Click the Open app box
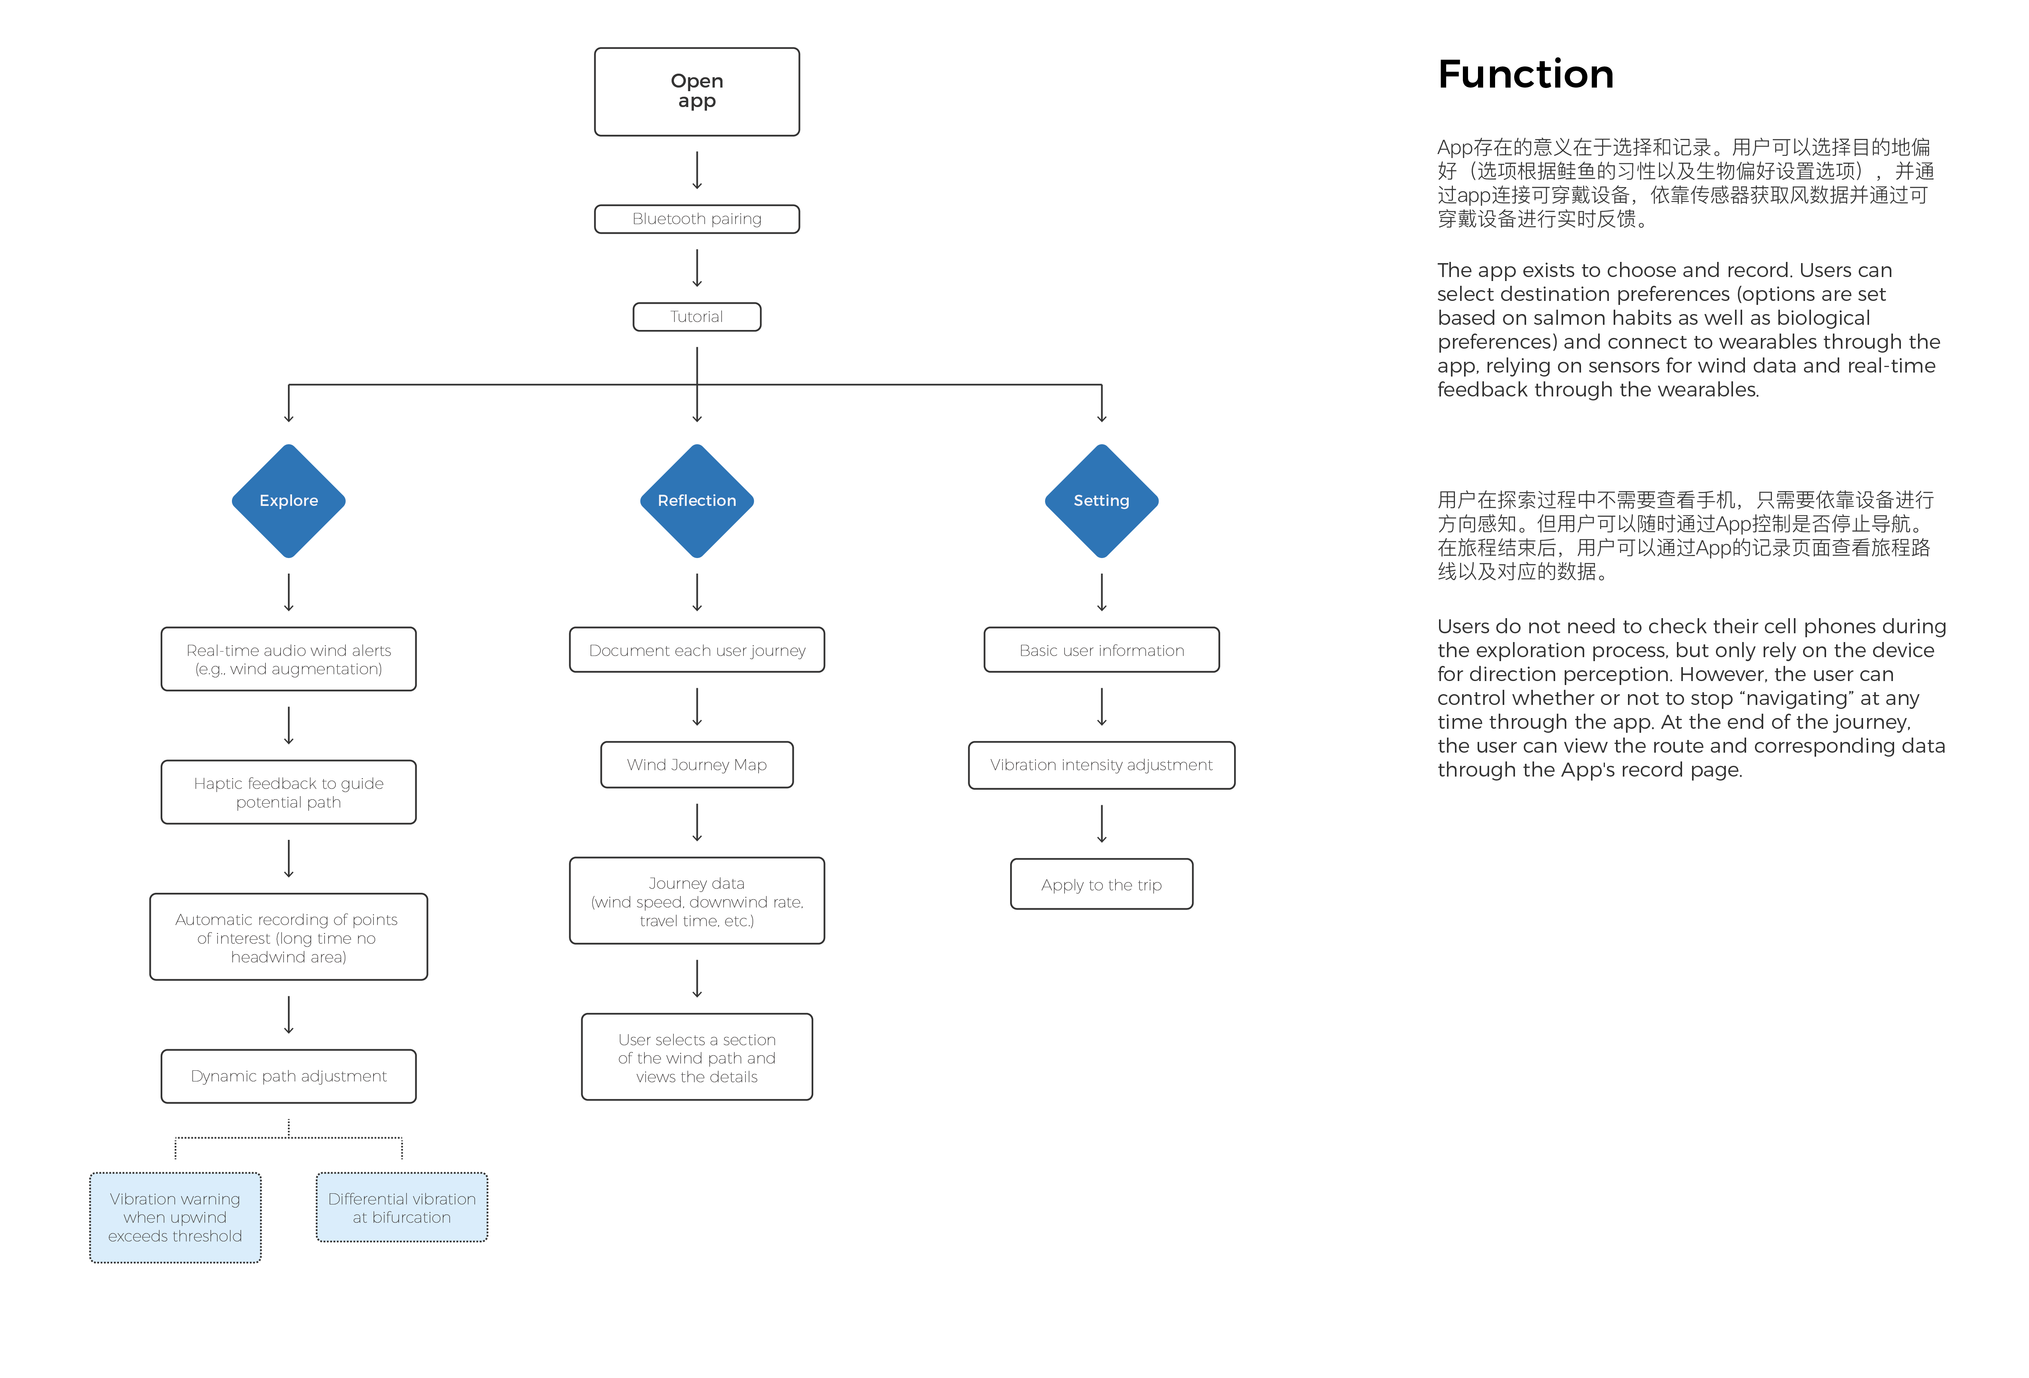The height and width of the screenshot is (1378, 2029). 697,92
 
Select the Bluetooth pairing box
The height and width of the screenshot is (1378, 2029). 697,219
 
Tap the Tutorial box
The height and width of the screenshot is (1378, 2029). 697,317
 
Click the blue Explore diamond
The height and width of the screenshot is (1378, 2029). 289,500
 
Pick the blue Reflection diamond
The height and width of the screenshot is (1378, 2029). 697,500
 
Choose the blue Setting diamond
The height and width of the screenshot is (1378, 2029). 1102,500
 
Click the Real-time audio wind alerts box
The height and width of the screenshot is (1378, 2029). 289,659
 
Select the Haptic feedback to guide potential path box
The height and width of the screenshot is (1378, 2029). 289,792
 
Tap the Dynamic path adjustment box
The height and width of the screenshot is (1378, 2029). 289,1076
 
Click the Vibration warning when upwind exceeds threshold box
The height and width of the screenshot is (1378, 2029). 175,1217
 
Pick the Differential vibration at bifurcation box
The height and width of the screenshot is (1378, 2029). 401,1208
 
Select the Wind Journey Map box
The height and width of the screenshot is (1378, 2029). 697,765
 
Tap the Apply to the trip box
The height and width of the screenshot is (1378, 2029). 1102,884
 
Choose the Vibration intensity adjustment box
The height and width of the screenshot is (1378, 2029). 1102,765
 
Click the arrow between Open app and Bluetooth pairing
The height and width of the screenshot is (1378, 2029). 697,170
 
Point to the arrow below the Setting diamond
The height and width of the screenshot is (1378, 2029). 1102,592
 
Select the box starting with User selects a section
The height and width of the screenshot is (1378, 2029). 697,1058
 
